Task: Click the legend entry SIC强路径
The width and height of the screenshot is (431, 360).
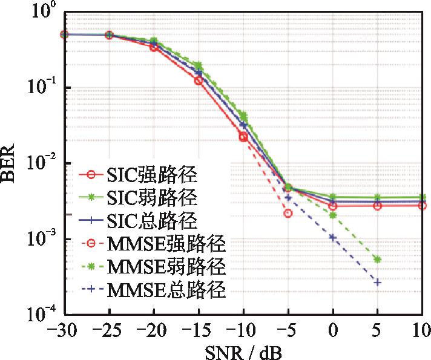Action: [146, 177]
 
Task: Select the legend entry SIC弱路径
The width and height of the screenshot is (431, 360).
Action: [146, 197]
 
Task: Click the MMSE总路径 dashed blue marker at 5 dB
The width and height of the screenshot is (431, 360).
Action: [378, 283]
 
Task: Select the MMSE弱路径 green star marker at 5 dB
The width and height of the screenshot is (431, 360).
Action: [378, 260]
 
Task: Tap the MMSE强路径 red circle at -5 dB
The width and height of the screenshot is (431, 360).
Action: [288, 213]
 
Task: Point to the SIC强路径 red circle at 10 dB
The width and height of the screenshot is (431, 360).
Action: [422, 206]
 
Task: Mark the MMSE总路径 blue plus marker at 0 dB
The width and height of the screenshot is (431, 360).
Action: [333, 237]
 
